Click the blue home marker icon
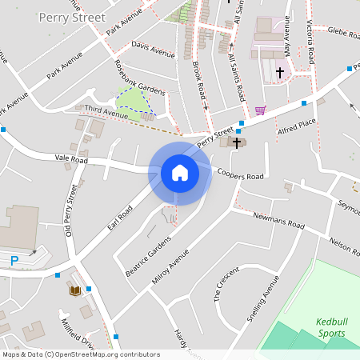pos(180,172)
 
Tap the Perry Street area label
pos(71,17)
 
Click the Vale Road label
pos(70,160)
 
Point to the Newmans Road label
pos(279,222)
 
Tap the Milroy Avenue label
pos(190,254)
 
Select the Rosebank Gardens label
pos(139,79)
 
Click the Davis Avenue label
pos(153,51)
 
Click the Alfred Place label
pos(297,128)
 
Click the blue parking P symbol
pos(14,260)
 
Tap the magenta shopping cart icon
pos(260,110)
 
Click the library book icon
pos(75,290)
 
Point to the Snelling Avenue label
pos(263,298)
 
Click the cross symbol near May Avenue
pos(280,73)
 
